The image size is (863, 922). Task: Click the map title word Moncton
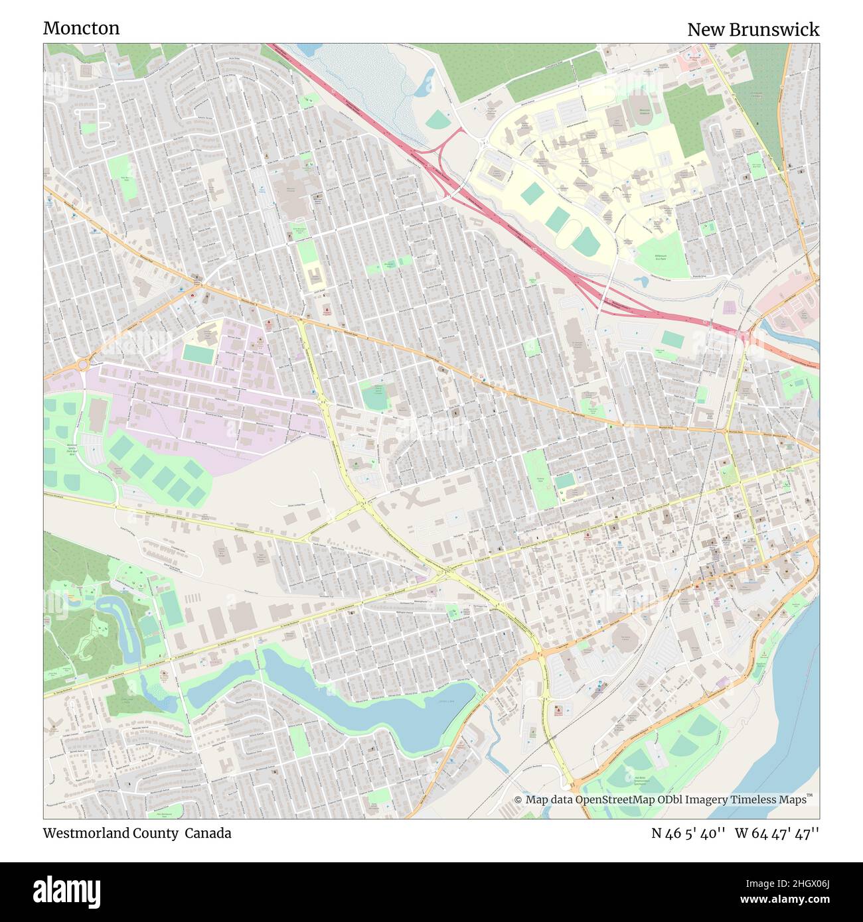(81, 28)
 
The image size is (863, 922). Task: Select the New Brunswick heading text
(753, 29)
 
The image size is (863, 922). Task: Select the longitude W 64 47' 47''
(777, 833)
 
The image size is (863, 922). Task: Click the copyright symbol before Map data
(518, 800)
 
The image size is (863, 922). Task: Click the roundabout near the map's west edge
(83, 364)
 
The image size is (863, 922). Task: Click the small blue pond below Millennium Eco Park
(641, 281)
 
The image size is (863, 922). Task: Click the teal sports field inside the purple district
(196, 354)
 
